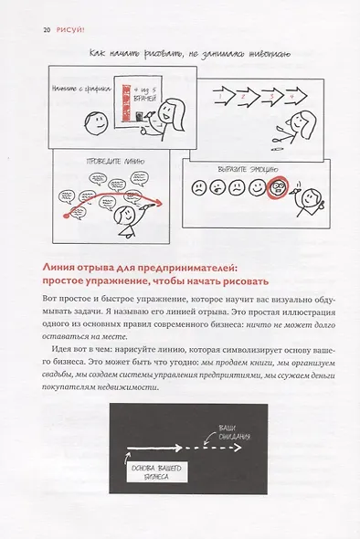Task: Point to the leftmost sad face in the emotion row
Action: pos(196,189)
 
